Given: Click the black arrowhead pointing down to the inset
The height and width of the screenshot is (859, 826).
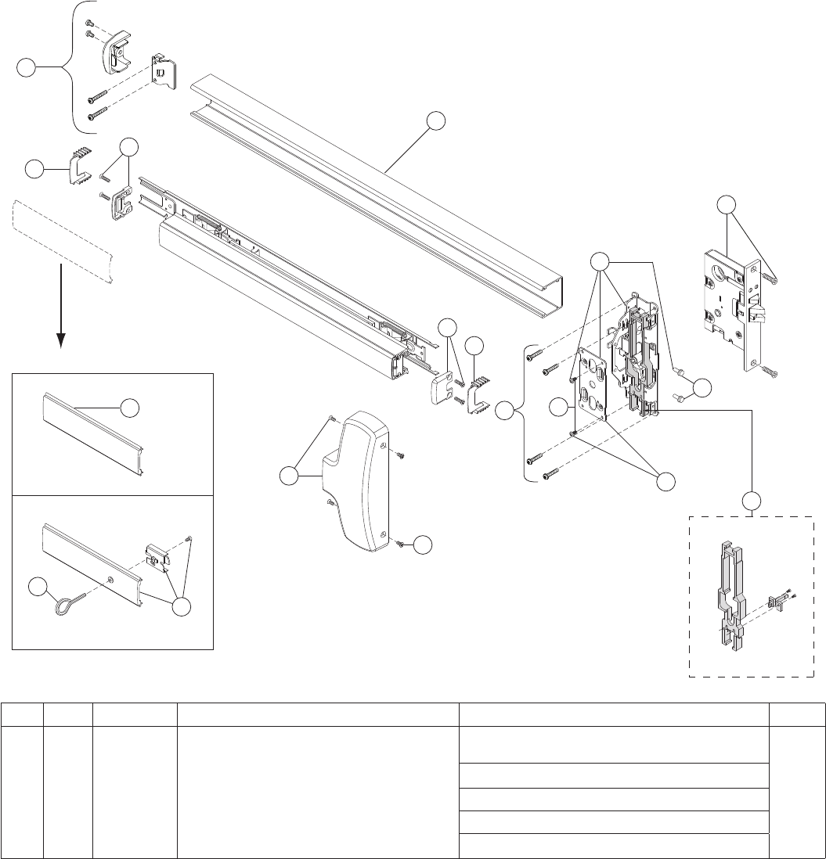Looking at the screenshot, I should [x=60, y=340].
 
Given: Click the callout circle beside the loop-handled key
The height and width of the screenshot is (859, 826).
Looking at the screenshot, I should [x=37, y=586].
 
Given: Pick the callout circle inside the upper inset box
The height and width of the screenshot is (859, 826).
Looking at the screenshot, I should [x=131, y=408].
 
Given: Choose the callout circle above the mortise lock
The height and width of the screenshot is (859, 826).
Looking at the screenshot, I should [x=727, y=205].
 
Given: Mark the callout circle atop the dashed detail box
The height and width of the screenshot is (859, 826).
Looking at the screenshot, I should [x=752, y=500].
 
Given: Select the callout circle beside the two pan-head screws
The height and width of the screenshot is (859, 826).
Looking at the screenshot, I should [x=702, y=387].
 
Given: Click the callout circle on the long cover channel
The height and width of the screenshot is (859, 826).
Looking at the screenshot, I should [x=436, y=120].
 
